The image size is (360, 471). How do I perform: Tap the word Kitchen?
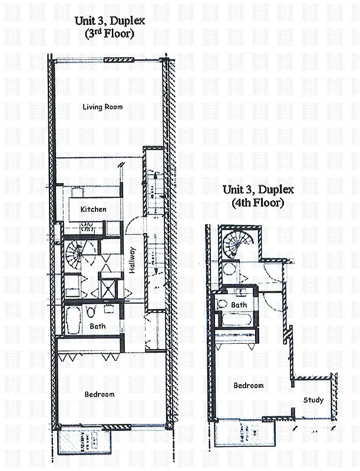[94, 210]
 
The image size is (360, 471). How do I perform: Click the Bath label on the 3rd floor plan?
[97, 326]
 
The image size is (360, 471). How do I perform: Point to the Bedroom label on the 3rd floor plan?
[100, 394]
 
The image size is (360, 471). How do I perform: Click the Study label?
[313, 400]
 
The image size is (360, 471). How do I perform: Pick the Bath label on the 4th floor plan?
[239, 305]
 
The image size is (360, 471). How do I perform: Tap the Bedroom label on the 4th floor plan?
[248, 386]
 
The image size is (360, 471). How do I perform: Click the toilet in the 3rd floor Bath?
[91, 311]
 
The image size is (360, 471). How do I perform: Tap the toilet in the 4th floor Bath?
[222, 304]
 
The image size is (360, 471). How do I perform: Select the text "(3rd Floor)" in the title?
[110, 34]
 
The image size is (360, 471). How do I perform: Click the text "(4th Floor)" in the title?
[259, 204]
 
